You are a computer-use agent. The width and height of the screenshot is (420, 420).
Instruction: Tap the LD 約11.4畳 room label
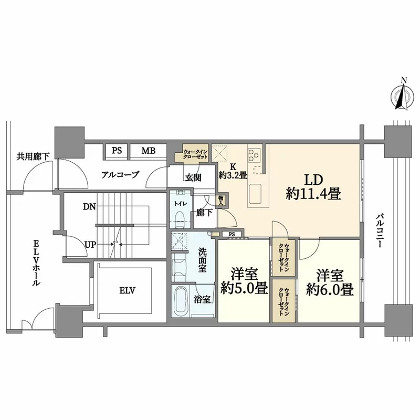[x=314, y=186]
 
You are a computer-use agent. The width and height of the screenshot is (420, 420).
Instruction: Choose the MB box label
[x=148, y=151]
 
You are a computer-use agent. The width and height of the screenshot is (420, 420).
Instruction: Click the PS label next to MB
[x=117, y=151]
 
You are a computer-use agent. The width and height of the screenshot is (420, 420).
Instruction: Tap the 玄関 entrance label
[x=192, y=177]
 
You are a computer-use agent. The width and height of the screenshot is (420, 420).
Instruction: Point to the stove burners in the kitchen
[x=255, y=154]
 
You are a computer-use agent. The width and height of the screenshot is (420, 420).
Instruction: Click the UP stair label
[x=89, y=243]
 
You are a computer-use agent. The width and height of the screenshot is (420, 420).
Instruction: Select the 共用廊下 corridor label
[x=33, y=156]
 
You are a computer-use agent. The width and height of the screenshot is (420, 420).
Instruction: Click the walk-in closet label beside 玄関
[x=195, y=154]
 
